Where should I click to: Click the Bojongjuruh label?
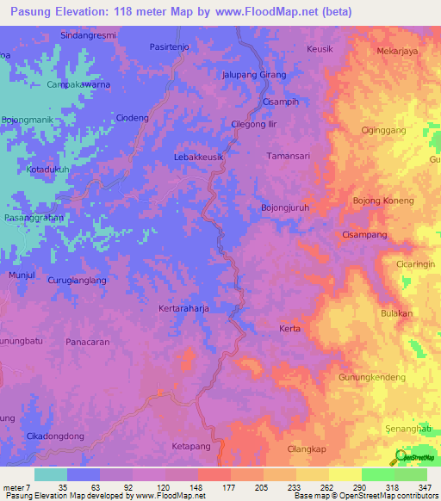pyautogui.click(x=284, y=207)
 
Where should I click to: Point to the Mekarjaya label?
pyautogui.click(x=397, y=51)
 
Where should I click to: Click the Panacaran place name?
pyautogui.click(x=88, y=342)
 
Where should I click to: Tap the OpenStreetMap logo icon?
pyautogui.click(x=399, y=457)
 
